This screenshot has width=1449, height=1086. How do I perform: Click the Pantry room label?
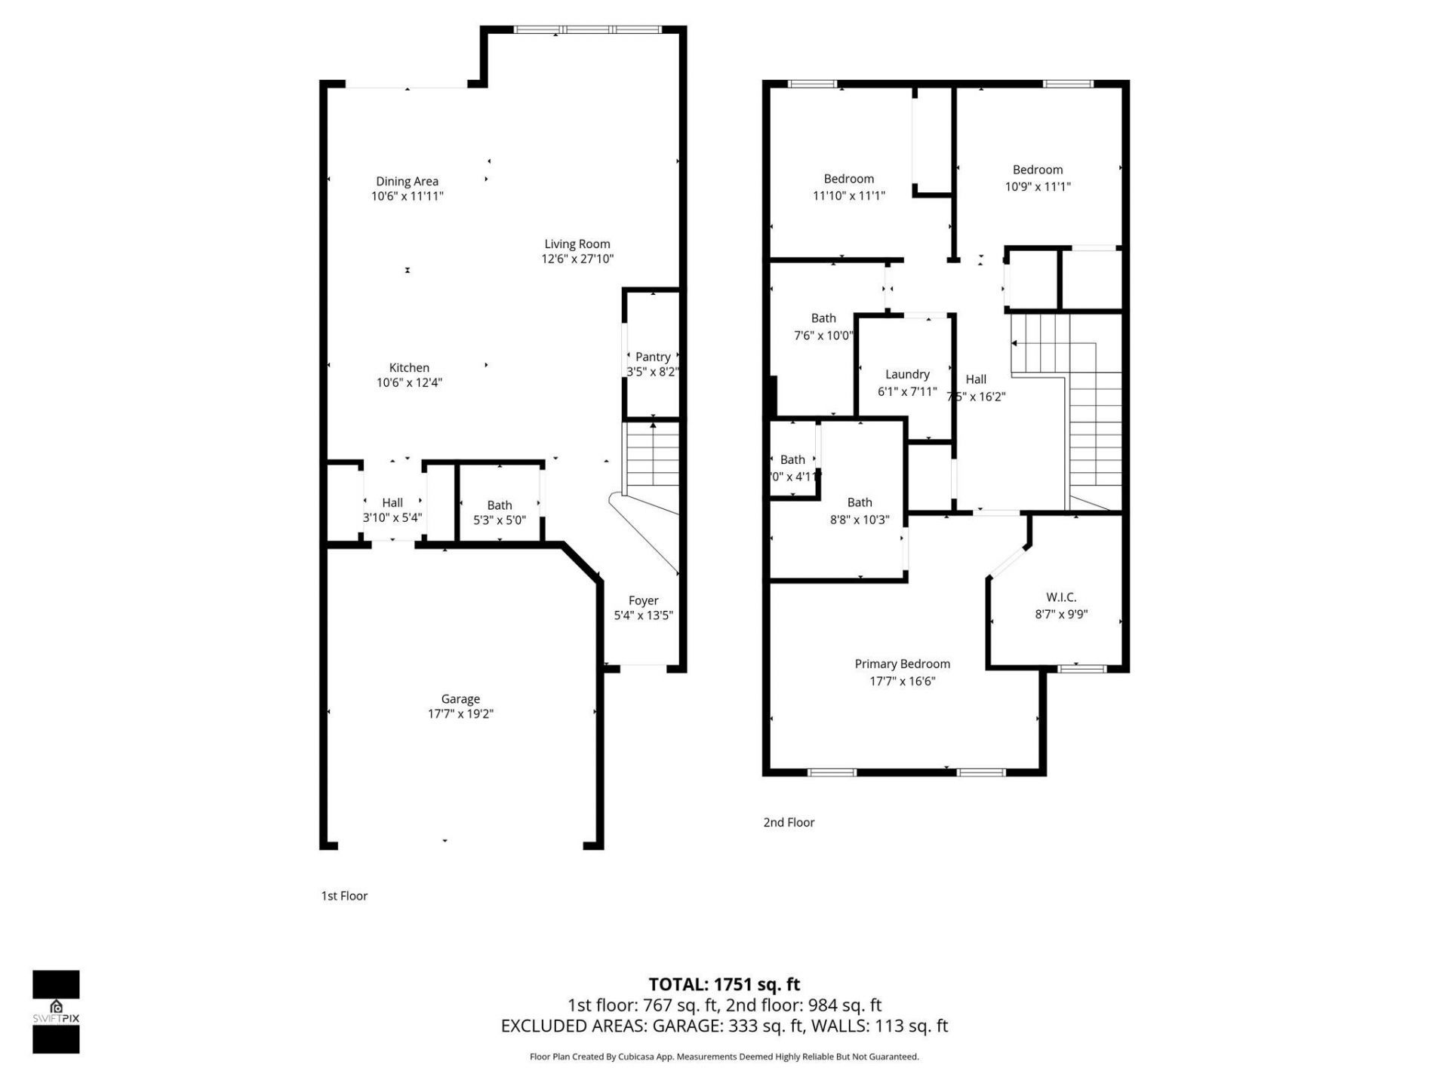click(653, 357)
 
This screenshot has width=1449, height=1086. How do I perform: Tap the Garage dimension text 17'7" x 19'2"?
click(460, 713)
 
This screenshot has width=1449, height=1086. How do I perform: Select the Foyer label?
click(643, 600)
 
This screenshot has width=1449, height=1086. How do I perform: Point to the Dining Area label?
click(407, 181)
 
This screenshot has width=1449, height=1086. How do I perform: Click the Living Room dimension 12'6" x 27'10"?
click(577, 259)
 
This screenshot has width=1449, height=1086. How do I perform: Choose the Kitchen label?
click(409, 367)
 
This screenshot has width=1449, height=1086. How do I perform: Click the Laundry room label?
click(907, 374)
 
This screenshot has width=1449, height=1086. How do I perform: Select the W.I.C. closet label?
click(1061, 597)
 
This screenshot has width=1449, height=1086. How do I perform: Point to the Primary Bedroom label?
click(902, 664)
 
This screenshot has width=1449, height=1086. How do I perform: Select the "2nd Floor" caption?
click(789, 822)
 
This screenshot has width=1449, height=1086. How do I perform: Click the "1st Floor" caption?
click(344, 896)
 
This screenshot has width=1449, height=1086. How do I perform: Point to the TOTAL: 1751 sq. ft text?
click(724, 984)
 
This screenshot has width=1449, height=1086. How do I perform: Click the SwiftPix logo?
click(56, 1011)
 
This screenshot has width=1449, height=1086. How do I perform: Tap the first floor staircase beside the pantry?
click(653, 456)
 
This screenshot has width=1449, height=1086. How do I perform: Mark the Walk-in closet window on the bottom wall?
click(1081, 668)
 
